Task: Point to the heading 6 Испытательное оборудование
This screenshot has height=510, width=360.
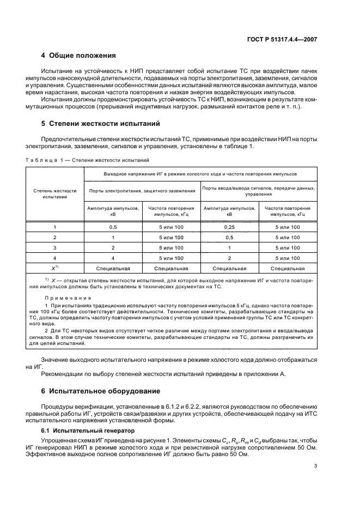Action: (99, 391)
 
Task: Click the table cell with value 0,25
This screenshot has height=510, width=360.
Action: (229, 227)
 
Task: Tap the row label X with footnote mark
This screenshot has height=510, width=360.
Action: (54, 268)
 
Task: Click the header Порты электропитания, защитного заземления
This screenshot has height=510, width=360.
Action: (142, 191)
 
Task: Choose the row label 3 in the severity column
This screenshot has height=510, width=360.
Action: (54, 248)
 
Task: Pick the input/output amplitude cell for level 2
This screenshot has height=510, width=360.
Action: (229, 238)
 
